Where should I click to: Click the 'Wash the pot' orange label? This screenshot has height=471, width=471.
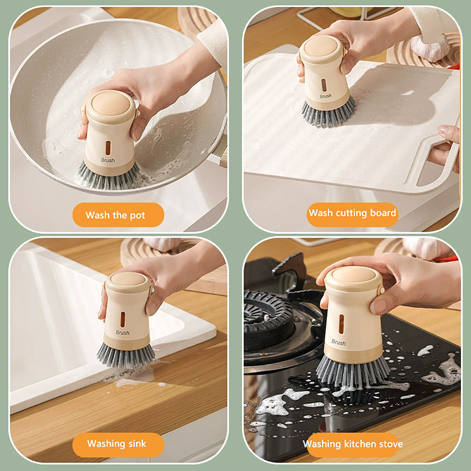click(x=118, y=215)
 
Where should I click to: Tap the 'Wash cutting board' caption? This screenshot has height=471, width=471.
click(x=352, y=213)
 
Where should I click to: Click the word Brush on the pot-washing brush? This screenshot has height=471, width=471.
click(x=108, y=160)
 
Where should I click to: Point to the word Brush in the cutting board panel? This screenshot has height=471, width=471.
click(x=326, y=96)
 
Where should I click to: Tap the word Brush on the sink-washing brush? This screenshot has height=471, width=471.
click(x=122, y=333)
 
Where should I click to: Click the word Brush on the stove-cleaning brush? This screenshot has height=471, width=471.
click(x=339, y=342)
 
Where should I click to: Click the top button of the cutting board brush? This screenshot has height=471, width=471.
click(x=319, y=48)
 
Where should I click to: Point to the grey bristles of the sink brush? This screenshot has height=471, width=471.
click(x=126, y=355)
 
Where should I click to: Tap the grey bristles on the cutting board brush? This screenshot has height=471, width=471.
click(x=328, y=113)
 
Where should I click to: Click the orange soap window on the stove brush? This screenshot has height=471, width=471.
click(x=341, y=324)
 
